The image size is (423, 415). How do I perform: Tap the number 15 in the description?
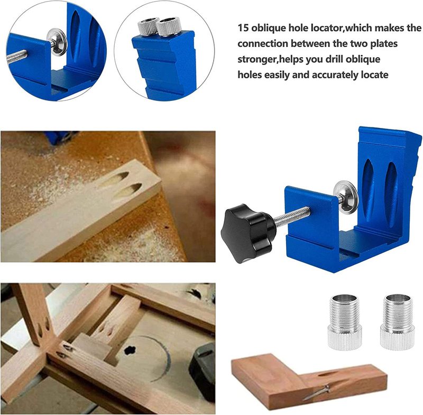(243, 28)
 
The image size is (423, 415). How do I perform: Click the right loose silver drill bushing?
(397, 322)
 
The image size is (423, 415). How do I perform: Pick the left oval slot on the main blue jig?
(368, 189)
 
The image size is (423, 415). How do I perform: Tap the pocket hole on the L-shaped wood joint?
(327, 374)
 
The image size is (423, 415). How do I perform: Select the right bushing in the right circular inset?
(169, 26)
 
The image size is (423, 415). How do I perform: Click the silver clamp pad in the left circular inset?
(57, 42)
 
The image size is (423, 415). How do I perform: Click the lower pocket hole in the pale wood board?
(127, 190)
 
